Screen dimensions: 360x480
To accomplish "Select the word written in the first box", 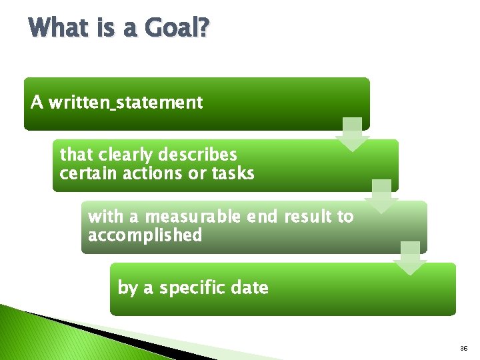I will pyautogui.click(x=76, y=103).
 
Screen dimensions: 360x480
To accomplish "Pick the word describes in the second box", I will pyautogui.click(x=198, y=155).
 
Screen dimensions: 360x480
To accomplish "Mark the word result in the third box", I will pyautogui.click(x=309, y=217).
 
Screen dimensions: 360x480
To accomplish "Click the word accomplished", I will pyautogui.click(x=145, y=235).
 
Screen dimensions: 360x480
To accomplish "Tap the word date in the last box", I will pyautogui.click(x=250, y=288).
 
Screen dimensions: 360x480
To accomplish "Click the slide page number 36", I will pyautogui.click(x=464, y=349).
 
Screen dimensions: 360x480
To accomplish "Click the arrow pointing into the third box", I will pyautogui.click(x=381, y=196).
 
